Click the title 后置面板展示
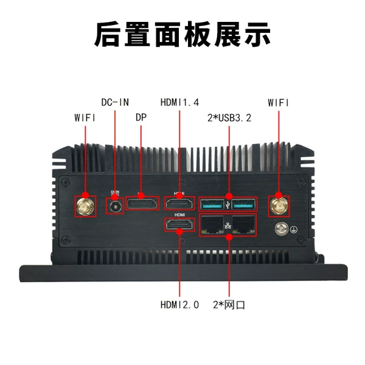click(182, 35)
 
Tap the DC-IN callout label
click(115, 102)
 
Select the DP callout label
click(141, 117)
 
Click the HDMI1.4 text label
click(179, 102)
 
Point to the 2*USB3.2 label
click(229, 118)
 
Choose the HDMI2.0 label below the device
click(179, 305)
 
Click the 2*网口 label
click(229, 305)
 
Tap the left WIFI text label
click(85, 118)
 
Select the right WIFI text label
click(279, 102)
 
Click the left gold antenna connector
click(86, 206)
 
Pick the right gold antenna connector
click(279, 206)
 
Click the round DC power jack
click(115, 206)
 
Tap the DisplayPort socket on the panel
click(142, 204)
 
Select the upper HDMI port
click(179, 204)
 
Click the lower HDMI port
click(179, 225)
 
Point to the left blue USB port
click(212, 204)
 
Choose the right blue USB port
click(244, 204)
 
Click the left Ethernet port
click(212, 224)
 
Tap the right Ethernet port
click(243, 224)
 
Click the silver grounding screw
click(282, 229)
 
